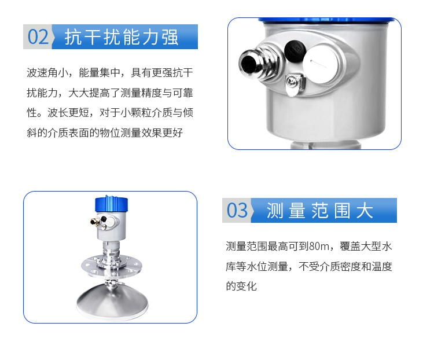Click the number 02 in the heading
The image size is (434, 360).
[38, 36]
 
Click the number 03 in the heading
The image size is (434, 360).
[237, 210]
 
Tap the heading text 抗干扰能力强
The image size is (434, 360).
[122, 37]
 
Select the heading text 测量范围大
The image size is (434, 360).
[319, 211]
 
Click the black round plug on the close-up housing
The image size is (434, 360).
[295, 51]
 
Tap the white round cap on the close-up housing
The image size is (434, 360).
[321, 64]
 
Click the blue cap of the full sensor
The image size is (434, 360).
[111, 204]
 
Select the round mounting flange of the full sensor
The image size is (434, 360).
[112, 266]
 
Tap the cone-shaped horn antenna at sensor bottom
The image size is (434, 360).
[112, 302]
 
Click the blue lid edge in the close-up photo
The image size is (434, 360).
[326, 20]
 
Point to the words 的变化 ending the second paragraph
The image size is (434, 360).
[241, 286]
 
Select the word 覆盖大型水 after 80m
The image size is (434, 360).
[366, 246]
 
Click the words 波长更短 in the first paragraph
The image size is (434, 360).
[68, 113]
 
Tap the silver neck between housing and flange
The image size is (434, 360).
[111, 249]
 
